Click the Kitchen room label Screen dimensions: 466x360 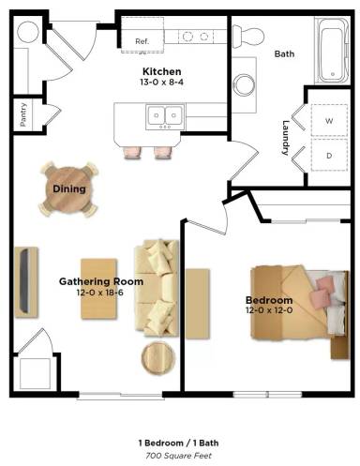161,71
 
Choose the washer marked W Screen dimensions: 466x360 328,121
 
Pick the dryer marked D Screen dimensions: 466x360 328,155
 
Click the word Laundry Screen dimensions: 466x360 290,138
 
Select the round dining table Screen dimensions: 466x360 69,188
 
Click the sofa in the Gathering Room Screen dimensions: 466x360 157,287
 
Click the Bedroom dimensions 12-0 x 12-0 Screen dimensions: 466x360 270,310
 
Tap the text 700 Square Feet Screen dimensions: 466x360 180,454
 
